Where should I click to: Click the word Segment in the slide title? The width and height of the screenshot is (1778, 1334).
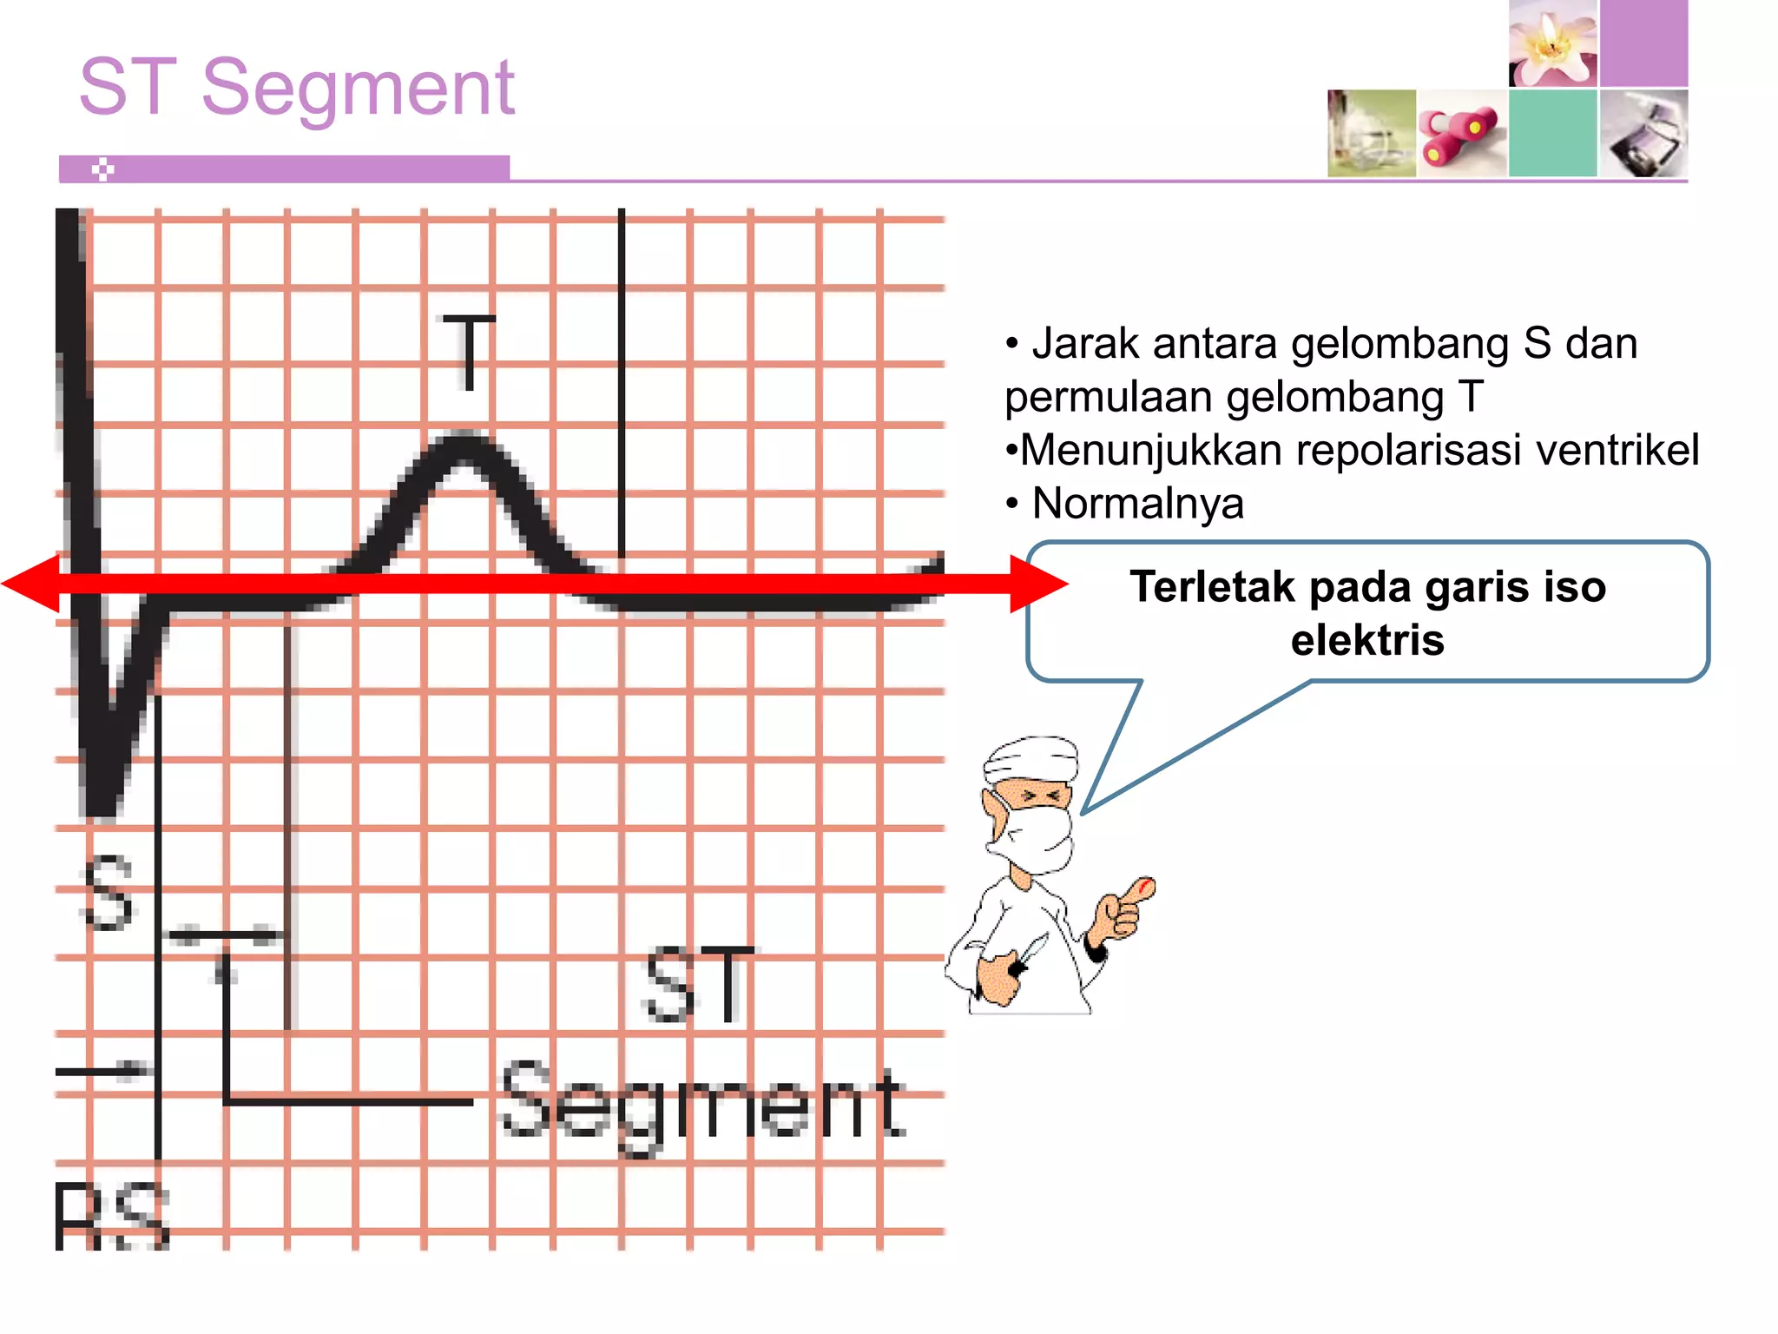[358, 88]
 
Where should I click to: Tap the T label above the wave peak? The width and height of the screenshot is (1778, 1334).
[469, 351]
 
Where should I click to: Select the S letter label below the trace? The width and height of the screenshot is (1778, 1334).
[109, 892]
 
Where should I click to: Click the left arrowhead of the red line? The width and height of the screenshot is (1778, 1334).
[30, 584]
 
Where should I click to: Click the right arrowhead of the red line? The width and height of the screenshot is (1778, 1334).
[1039, 584]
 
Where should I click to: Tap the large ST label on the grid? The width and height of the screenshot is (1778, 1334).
[699, 986]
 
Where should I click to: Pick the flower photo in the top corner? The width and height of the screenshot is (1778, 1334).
[1552, 43]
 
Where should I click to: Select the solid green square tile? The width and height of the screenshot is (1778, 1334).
[1552, 133]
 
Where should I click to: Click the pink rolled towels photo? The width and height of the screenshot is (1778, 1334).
[1461, 134]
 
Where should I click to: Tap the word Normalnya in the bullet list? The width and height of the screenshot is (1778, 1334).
[1137, 504]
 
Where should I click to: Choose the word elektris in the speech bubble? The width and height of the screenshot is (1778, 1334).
[1367, 640]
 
